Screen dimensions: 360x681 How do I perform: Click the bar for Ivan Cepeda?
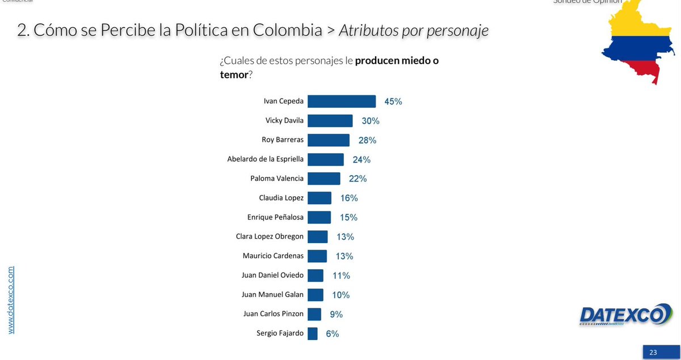342,101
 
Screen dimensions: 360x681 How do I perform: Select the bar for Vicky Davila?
330,121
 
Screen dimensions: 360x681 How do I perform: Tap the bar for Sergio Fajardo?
312,333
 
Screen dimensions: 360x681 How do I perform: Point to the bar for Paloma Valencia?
324,179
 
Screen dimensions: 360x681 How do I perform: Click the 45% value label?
393,101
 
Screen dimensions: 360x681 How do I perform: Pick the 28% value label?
367,140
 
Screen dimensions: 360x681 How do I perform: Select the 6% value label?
332,334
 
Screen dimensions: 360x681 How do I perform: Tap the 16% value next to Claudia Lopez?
349,198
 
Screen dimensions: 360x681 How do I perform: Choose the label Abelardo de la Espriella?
266,159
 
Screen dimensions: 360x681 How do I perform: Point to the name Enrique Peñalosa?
275,217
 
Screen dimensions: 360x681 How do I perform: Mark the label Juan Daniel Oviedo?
272,275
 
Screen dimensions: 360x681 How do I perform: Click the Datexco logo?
624,315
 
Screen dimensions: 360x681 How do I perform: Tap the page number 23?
653,353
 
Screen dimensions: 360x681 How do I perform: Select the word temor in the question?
234,74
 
